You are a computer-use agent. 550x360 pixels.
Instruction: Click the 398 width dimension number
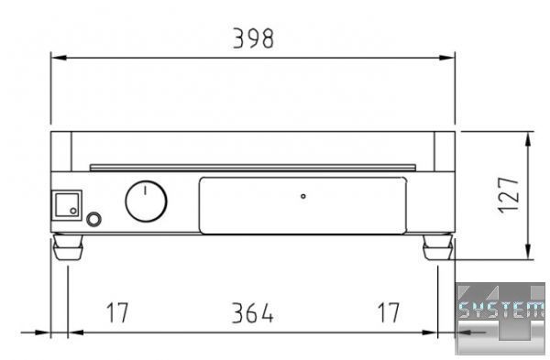click(x=253, y=38)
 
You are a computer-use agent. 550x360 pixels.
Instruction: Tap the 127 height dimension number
click(x=509, y=195)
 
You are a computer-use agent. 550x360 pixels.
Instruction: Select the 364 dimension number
click(x=253, y=313)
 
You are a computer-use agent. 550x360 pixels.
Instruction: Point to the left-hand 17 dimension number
click(x=117, y=312)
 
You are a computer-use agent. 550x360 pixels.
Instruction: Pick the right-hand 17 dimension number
click(x=389, y=312)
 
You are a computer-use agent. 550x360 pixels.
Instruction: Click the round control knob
click(x=147, y=202)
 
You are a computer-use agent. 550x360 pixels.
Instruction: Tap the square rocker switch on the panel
click(x=67, y=205)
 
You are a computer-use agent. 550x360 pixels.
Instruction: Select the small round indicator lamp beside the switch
click(x=93, y=220)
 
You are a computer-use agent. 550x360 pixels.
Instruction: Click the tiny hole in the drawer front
click(x=303, y=196)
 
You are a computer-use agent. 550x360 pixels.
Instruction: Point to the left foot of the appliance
click(x=68, y=247)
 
